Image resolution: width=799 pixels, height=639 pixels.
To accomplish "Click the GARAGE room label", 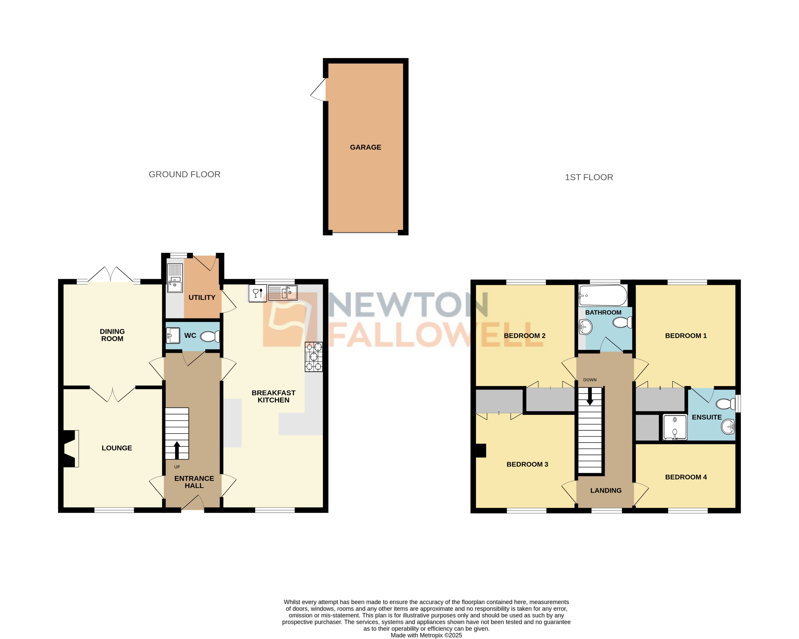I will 366,147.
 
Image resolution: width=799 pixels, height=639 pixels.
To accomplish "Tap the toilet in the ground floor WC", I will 210,336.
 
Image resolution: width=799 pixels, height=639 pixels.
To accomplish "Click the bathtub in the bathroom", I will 603,295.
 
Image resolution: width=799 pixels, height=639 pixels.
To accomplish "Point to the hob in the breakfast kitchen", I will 314,357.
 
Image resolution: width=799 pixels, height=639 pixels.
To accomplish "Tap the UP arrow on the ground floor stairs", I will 177,450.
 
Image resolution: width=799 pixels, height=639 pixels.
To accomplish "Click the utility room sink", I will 175,278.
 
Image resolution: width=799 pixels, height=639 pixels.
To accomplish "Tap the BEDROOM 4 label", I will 686,477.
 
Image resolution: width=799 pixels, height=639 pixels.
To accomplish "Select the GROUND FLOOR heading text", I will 185,174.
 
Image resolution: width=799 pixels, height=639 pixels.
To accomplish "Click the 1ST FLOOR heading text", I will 589,177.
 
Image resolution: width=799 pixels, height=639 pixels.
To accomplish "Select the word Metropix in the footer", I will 431,635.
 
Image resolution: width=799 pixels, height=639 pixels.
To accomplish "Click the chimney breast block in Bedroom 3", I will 481,450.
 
